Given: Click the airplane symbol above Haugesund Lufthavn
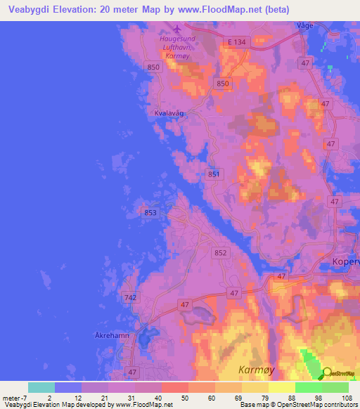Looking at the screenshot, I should click(x=176, y=30).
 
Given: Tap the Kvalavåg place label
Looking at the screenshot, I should click(x=168, y=112).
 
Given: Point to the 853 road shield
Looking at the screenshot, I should click(x=150, y=212).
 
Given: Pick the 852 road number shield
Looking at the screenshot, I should click(x=220, y=252).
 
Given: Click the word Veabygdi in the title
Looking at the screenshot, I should click(x=32, y=9).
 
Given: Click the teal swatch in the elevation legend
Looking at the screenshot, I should click(x=41, y=387).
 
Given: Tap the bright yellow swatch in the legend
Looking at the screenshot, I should click(x=282, y=387).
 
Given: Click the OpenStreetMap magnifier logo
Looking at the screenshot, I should click(x=328, y=373).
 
